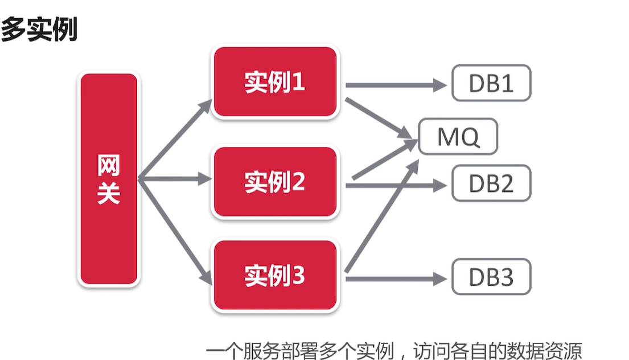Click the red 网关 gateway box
click(109, 179)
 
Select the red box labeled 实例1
click(275, 83)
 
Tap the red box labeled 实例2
click(275, 182)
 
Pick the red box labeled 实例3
click(275, 276)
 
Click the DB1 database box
click(491, 83)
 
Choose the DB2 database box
click(491, 183)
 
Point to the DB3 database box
click(491, 277)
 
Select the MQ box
click(458, 137)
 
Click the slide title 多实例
click(39, 29)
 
